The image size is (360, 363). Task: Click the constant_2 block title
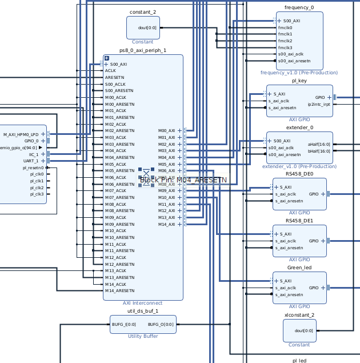(143, 12)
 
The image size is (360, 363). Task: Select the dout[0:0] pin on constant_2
(147, 27)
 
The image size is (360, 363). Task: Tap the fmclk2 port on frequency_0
(285, 41)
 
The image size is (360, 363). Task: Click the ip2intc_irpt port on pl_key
(319, 104)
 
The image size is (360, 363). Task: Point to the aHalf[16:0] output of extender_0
(319, 144)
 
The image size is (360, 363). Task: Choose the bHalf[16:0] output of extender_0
(319, 151)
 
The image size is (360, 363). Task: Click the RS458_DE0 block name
(299, 174)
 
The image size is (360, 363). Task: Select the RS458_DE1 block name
(299, 221)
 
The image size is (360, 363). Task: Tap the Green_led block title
(299, 268)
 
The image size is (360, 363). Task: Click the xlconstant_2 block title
(299, 315)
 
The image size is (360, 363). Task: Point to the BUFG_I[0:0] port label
(124, 324)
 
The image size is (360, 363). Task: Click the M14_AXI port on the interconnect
(166, 224)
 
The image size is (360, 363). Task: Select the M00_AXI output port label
(166, 130)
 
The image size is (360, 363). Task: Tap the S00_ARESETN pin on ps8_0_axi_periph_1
(119, 90)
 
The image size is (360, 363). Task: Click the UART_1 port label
(31, 161)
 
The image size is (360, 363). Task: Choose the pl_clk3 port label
(37, 194)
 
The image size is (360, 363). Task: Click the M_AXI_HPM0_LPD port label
(21, 134)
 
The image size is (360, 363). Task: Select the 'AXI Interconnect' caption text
(143, 304)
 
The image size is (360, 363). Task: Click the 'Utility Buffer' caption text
(143, 336)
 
